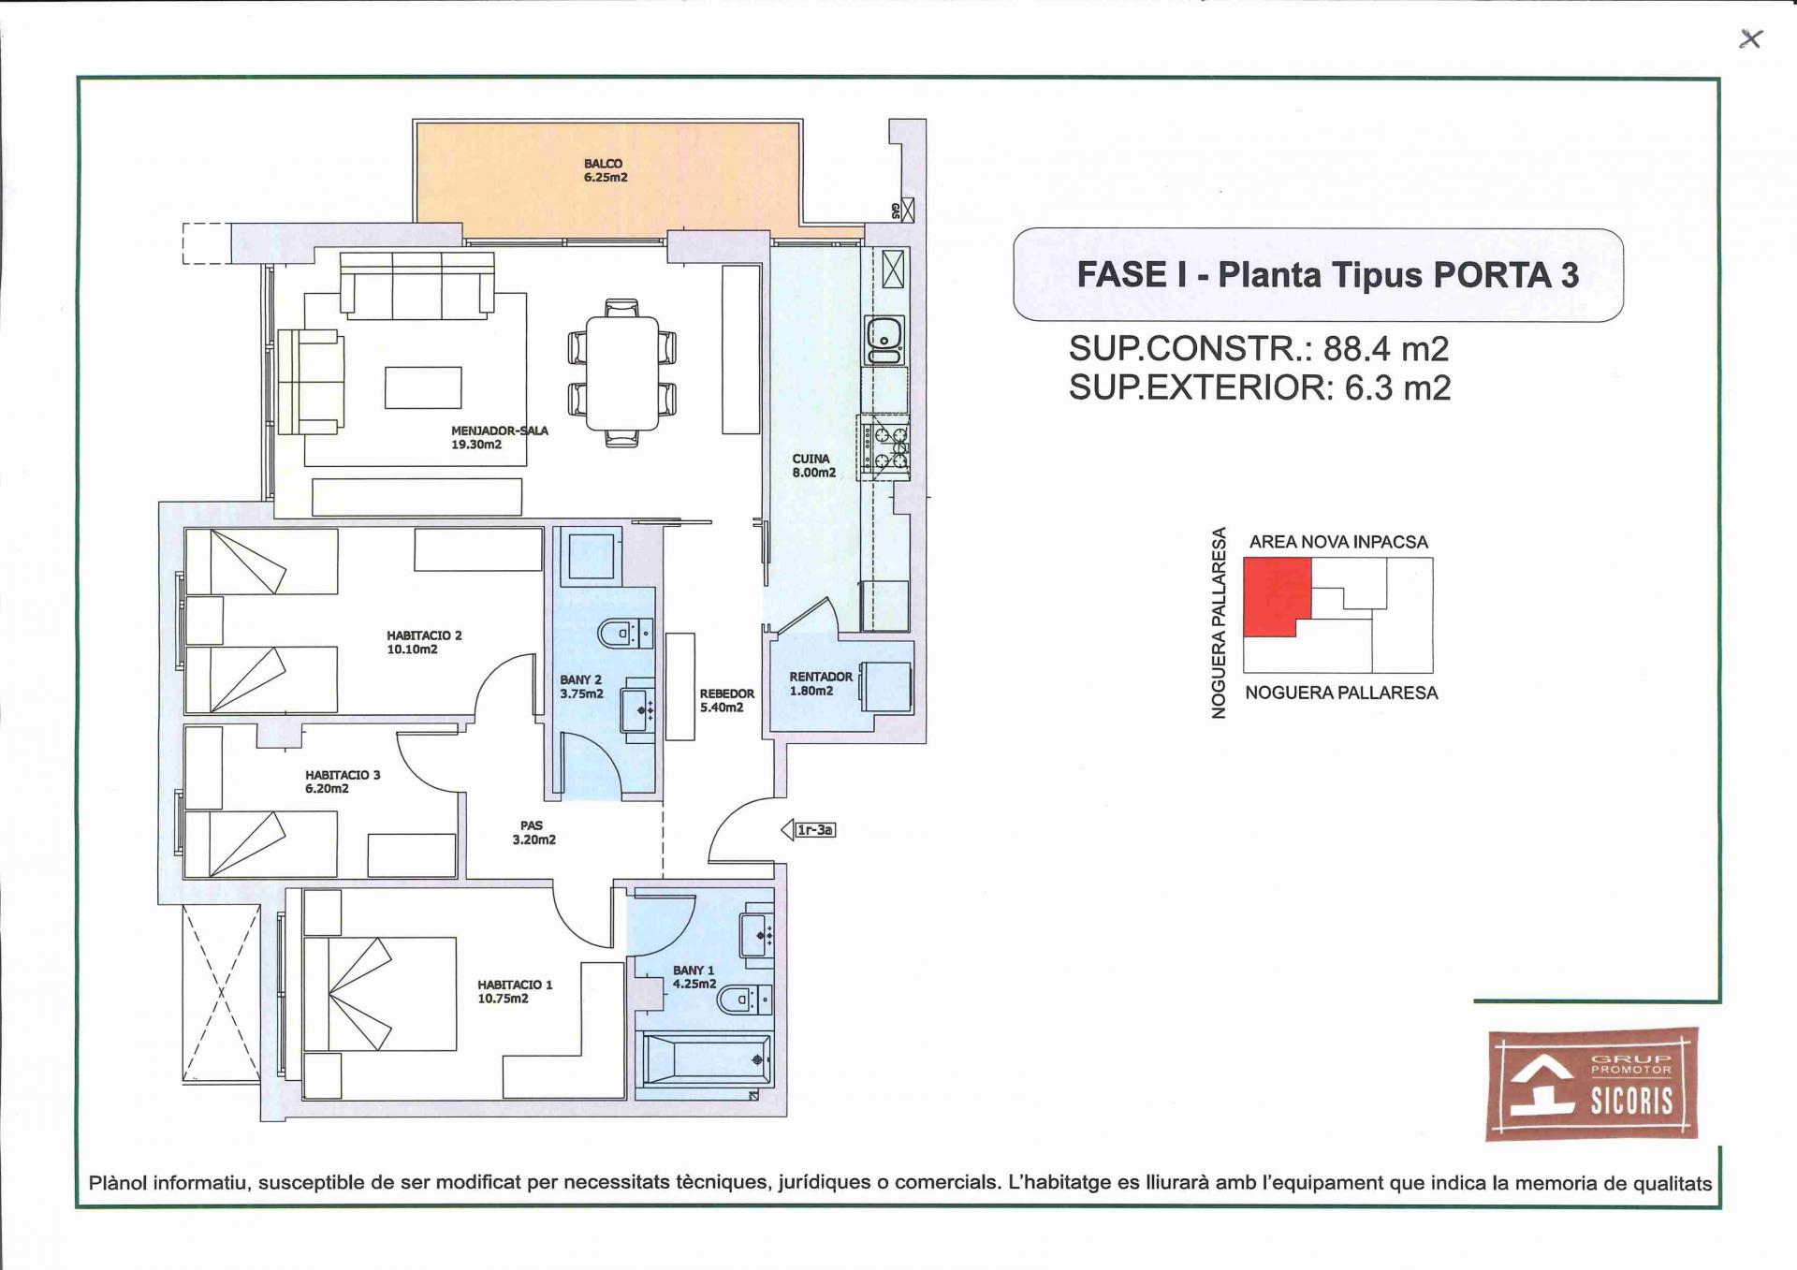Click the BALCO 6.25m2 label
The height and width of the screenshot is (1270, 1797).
606,170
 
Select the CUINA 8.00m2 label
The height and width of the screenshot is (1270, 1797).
814,466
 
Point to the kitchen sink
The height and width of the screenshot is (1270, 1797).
884,340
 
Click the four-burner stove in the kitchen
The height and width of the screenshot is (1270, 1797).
884,447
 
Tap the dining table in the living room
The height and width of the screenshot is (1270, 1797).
622,373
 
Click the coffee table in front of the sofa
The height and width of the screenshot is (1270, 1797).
423,387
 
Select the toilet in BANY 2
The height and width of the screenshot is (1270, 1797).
624,634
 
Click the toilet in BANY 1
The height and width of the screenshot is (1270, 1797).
745,1000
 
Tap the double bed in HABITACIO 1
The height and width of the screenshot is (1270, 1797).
380,994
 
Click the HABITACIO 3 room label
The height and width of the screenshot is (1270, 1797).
343,781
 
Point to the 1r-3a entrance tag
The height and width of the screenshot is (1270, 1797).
809,830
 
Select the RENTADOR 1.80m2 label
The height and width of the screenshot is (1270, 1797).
821,683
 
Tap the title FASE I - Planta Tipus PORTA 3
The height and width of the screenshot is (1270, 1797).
1327,275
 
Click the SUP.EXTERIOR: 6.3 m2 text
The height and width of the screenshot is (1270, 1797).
1260,387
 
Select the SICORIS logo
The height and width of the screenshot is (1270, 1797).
1592,1085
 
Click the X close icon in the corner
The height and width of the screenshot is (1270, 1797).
1750,38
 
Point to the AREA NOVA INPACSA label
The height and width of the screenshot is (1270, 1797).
1338,542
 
